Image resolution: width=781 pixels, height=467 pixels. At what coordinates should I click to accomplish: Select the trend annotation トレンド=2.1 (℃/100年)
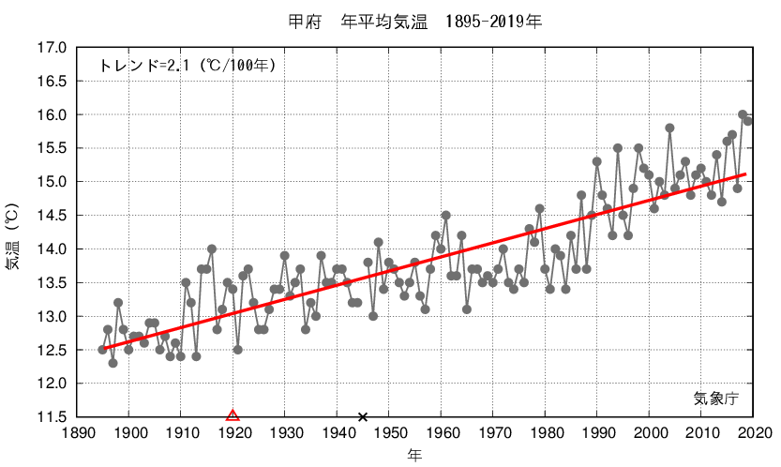(x=187, y=66)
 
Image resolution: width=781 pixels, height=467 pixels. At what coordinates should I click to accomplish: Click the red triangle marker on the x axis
(x=233, y=415)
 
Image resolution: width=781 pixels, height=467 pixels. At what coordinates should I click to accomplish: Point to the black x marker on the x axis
(x=363, y=416)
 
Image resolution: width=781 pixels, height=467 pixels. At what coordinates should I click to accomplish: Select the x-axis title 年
(x=413, y=455)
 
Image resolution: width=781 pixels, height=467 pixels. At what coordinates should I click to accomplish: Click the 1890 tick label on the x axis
(x=77, y=432)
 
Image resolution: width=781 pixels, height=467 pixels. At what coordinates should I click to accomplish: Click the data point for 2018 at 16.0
(x=743, y=114)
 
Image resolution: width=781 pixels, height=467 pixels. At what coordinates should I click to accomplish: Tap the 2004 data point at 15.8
(x=669, y=128)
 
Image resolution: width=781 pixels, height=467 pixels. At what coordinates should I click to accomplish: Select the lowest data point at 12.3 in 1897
(x=113, y=363)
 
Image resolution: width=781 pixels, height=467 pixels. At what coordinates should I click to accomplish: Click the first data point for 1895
(x=102, y=350)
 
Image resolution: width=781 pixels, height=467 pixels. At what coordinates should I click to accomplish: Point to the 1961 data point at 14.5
(x=445, y=216)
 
